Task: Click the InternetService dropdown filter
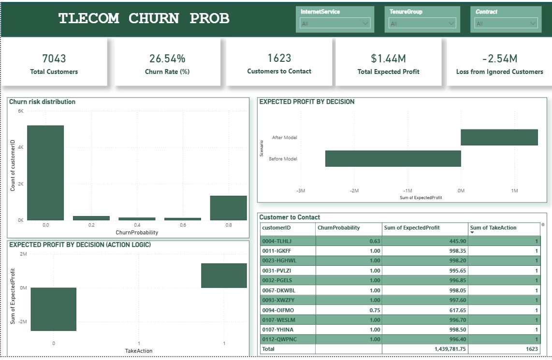click(335, 23)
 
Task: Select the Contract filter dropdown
click(506, 23)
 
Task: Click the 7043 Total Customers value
click(54, 58)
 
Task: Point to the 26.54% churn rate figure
click(167, 58)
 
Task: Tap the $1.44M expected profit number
click(388, 58)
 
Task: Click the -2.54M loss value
click(499, 58)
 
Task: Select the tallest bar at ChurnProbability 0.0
click(45, 173)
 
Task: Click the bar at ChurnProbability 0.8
click(228, 208)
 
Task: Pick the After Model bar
click(499, 137)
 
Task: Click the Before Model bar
click(392, 158)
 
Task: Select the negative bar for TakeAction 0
click(54, 309)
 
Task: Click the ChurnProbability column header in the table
click(338, 228)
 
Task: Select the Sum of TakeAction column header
click(493, 228)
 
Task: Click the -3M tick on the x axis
click(301, 191)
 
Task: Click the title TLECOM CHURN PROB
click(144, 18)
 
